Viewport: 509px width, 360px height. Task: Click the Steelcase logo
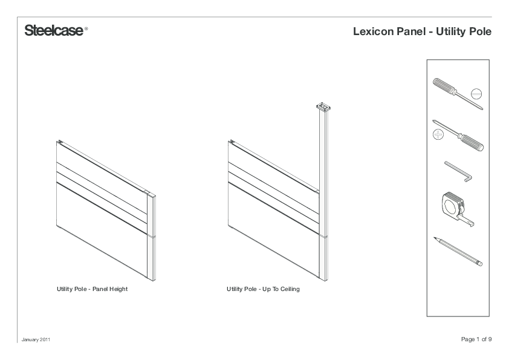click(54, 31)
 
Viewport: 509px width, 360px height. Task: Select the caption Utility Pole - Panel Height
click(92, 289)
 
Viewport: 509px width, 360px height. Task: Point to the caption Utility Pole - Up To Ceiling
click(263, 289)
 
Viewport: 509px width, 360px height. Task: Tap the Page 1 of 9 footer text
click(476, 339)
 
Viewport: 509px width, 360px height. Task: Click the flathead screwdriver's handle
click(445, 87)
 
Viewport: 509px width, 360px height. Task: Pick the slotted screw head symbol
click(477, 94)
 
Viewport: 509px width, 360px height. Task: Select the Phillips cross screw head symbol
click(438, 135)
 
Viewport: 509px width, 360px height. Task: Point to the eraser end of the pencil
click(480, 264)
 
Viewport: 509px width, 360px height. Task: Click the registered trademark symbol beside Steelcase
click(86, 28)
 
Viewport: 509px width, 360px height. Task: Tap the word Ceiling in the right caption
click(290, 289)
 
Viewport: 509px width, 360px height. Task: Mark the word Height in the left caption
click(118, 289)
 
